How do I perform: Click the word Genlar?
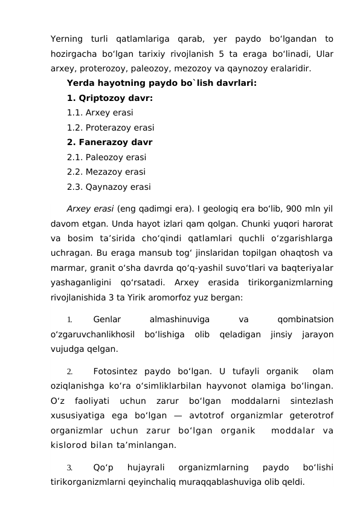point(107,319)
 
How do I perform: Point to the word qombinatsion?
point(304,319)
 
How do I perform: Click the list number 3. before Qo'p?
point(70,468)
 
